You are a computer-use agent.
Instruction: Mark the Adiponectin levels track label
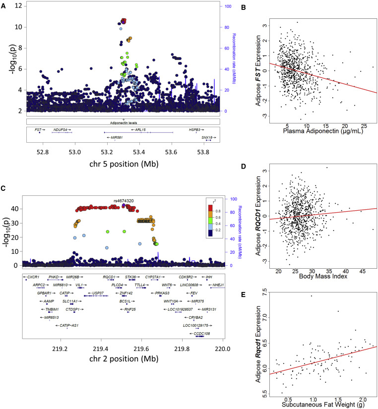[x=123, y=121]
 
